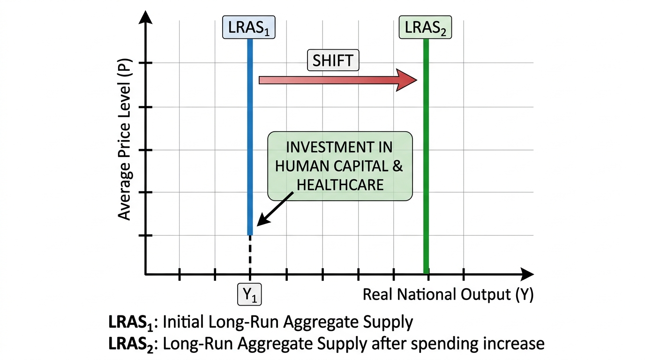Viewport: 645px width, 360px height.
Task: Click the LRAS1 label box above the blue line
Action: click(249, 27)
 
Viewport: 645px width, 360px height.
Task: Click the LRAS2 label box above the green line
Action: click(425, 27)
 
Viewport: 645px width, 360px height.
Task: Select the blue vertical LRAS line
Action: click(250, 137)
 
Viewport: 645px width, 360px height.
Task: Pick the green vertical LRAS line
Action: click(426, 157)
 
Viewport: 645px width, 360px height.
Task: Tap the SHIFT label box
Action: click(333, 60)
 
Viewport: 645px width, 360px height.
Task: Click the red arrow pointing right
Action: click(338, 80)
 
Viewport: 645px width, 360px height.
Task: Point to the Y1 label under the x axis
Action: click(249, 294)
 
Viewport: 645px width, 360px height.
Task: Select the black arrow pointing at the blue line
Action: click(275, 209)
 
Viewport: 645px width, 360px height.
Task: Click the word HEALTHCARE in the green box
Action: click(340, 185)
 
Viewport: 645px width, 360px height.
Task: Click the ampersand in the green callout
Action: click(397, 166)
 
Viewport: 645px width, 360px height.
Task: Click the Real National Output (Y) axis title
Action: click(448, 295)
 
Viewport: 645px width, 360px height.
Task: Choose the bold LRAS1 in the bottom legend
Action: click(131, 322)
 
